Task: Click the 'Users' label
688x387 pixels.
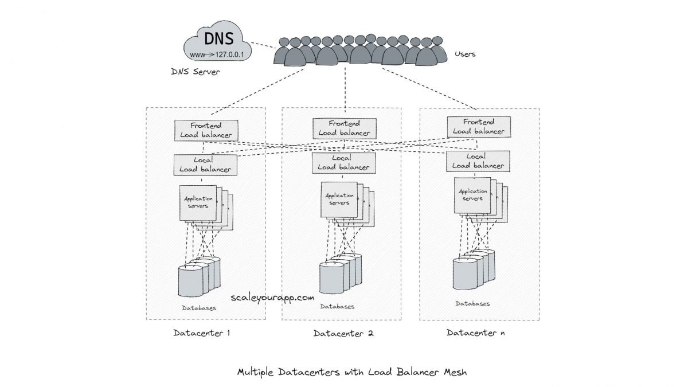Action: click(x=464, y=54)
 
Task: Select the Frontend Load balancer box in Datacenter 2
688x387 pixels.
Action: click(x=344, y=128)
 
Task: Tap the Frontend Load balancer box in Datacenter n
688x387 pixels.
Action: click(x=478, y=126)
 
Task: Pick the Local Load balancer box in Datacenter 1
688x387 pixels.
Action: click(x=205, y=165)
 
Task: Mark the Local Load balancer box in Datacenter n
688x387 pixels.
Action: click(x=478, y=161)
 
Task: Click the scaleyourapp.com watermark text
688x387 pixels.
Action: click(x=272, y=298)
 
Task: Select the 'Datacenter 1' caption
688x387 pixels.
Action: click(x=201, y=333)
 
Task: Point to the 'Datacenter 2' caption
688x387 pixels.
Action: click(x=343, y=333)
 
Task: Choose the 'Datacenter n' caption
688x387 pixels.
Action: click(x=476, y=333)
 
